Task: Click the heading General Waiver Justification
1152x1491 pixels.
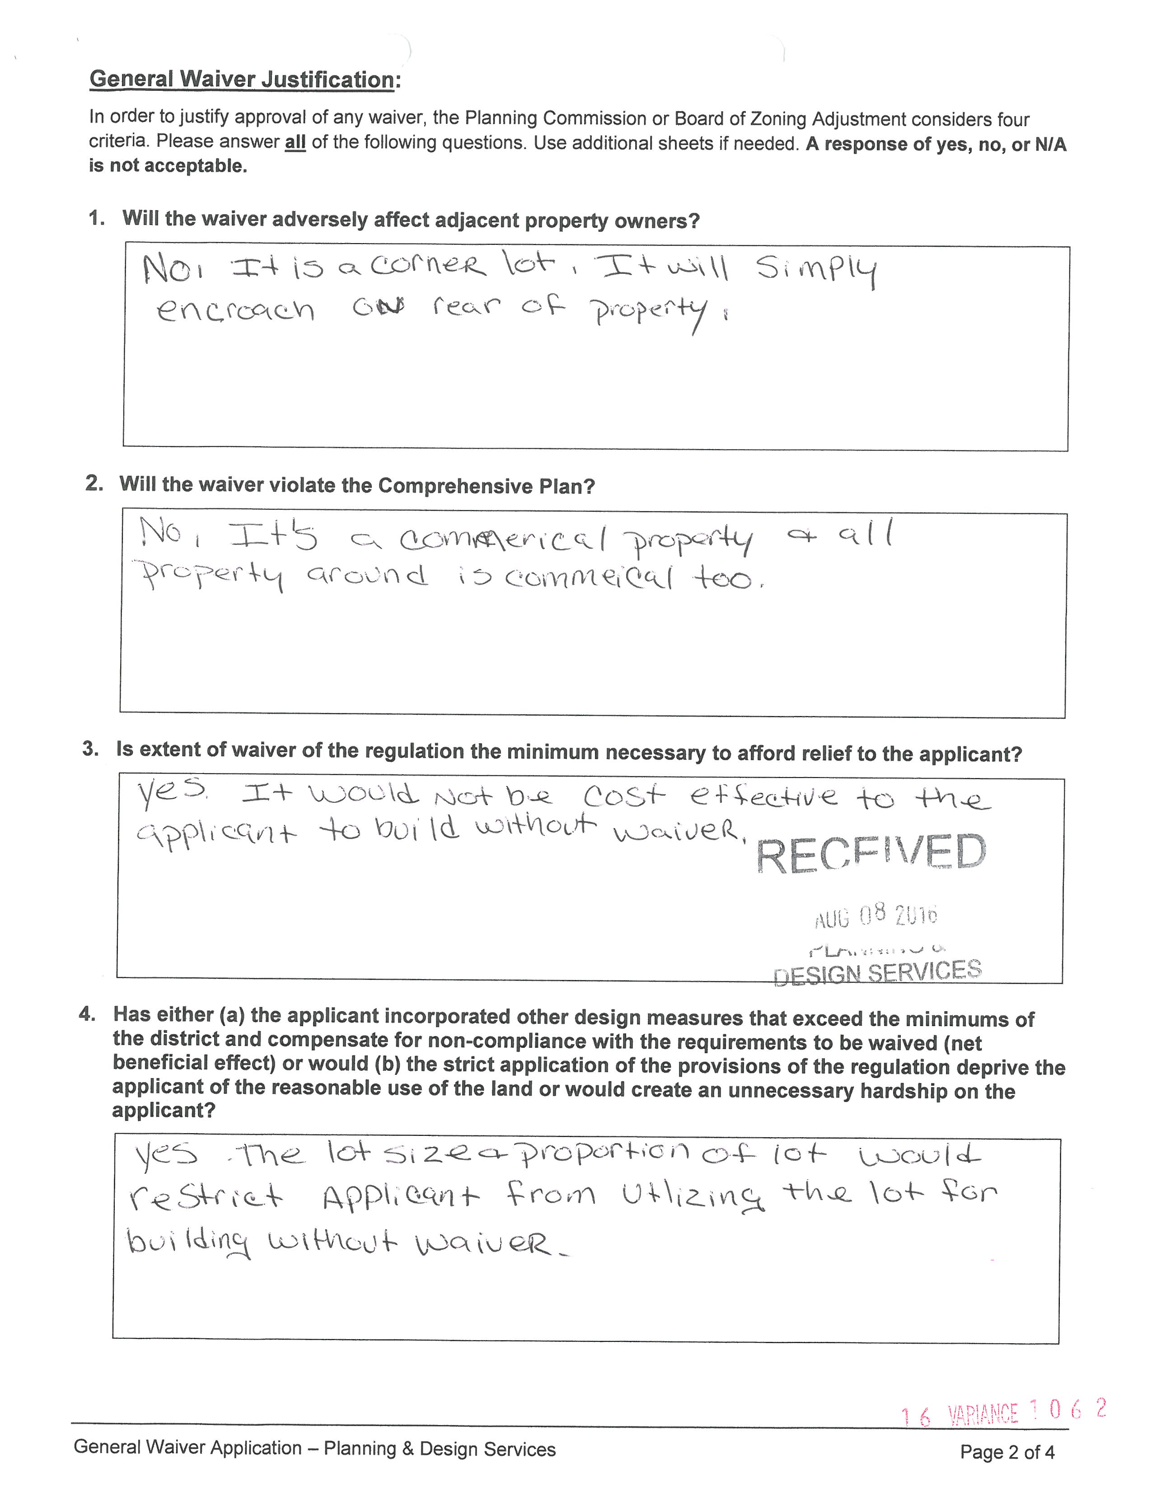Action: pos(242,79)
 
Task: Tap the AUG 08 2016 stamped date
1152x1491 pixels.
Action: pos(876,915)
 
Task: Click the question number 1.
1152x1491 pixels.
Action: pos(96,219)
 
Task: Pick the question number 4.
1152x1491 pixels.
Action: pos(87,1014)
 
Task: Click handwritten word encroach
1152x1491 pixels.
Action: pos(235,311)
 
